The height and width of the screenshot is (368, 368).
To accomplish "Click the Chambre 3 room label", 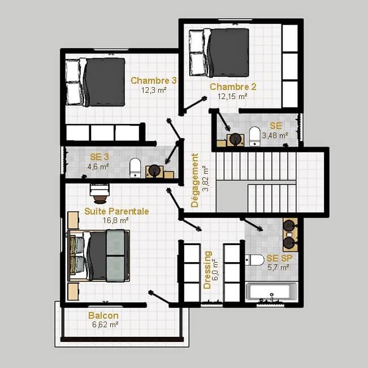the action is (154, 80).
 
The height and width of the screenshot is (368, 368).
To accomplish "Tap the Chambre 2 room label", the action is (233, 87).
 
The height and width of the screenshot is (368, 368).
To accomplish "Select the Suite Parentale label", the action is (116, 211).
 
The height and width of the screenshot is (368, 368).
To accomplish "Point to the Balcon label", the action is (103, 315).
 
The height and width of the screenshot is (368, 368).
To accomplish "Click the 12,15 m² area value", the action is (232, 96).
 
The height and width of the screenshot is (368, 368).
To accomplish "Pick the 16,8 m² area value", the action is (116, 220).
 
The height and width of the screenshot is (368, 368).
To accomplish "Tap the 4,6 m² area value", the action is (98, 166).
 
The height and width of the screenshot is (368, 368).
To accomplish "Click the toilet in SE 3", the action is (135, 168).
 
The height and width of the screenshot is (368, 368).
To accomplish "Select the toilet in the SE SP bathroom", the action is (254, 260).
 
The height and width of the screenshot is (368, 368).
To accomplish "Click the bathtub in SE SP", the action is (271, 292).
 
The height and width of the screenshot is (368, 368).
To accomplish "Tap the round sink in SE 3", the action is (154, 170).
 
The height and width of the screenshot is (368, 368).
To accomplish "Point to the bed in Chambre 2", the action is (219, 53).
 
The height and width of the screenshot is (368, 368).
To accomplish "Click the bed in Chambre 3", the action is (96, 82).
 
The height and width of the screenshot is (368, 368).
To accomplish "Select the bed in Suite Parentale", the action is (99, 255).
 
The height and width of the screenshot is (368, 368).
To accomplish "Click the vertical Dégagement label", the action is (195, 181).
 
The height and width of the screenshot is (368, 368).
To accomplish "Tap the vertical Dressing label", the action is (207, 270).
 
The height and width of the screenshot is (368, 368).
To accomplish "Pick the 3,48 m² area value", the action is (275, 135).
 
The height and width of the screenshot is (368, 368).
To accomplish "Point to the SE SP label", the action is (279, 258).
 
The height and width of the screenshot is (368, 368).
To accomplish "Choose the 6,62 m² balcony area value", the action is (105, 325).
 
